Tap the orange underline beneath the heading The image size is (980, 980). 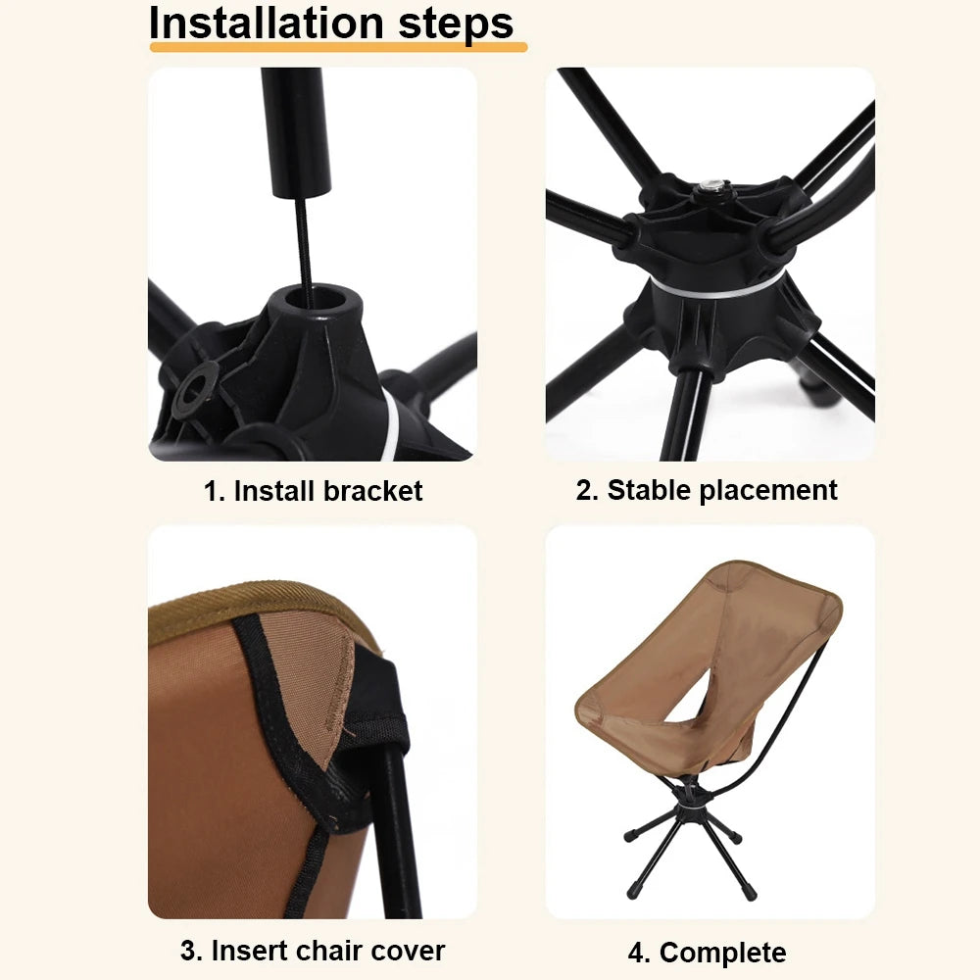[337, 46]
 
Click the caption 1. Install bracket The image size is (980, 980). [313, 491]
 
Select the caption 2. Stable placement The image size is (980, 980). [707, 490]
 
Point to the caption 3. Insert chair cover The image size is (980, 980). [313, 950]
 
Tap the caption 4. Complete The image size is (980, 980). [707, 952]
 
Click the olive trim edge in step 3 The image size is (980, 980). [245, 600]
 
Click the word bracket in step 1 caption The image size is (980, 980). [377, 491]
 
